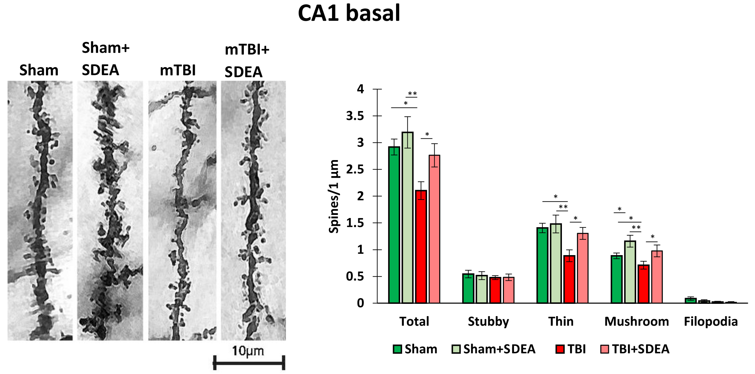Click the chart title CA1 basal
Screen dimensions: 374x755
349,14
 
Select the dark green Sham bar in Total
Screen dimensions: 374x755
394,225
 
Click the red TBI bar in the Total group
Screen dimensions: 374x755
421,247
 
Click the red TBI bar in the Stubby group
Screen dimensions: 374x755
495,290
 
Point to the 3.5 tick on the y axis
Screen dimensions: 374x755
355,116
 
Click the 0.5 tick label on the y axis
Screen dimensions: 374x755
355,277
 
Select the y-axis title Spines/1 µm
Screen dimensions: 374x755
334,197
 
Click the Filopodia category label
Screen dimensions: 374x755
711,322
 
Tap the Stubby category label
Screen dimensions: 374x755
488,322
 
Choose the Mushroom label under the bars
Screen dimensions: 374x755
636,322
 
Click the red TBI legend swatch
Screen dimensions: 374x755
560,349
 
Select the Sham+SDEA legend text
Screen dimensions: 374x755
499,349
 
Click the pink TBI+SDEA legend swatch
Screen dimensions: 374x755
604,349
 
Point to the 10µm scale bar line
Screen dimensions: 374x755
249,363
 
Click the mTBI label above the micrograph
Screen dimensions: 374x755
178,71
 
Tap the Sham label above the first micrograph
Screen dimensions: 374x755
39,71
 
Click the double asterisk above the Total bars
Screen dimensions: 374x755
412,94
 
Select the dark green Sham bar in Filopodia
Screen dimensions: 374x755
691,300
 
